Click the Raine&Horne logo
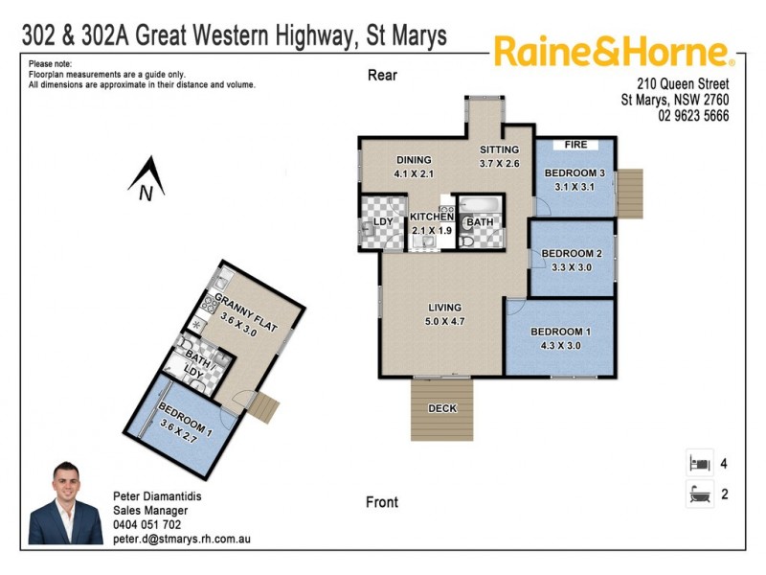pyautogui.click(x=614, y=52)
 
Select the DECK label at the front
pyautogui.click(x=442, y=408)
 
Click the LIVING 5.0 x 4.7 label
pyautogui.click(x=445, y=314)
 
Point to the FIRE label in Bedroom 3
pyautogui.click(x=574, y=145)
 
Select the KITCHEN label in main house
pyautogui.click(x=431, y=218)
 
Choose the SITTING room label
pyautogui.click(x=499, y=149)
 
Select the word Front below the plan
pyautogui.click(x=382, y=502)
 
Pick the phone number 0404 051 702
pyautogui.click(x=146, y=525)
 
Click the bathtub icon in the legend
pyautogui.click(x=699, y=495)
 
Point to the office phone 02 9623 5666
pyautogui.click(x=693, y=116)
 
